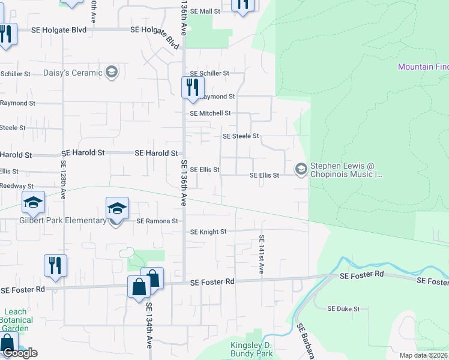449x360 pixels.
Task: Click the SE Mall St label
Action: [206, 11]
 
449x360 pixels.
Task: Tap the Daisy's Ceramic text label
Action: [73, 73]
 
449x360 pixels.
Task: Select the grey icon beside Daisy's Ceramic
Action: [111, 73]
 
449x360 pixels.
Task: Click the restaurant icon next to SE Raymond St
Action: [190, 88]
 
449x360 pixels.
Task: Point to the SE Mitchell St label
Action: [210, 113]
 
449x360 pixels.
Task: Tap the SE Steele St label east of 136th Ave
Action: [240, 136]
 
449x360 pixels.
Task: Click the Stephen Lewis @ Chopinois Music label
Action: [346, 170]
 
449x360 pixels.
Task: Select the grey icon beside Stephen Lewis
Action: [300, 170]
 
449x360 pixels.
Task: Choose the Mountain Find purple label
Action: [423, 67]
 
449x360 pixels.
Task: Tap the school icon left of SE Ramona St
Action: [117, 208]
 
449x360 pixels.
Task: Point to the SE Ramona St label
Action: [157, 221]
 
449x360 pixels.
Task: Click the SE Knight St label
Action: [208, 232]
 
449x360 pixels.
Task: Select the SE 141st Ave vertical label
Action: [262, 254]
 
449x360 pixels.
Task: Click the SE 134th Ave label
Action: [148, 325]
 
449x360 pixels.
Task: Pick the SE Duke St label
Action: [343, 309]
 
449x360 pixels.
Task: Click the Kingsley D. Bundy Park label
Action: [252, 349]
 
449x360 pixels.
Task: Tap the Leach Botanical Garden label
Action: [15, 320]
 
